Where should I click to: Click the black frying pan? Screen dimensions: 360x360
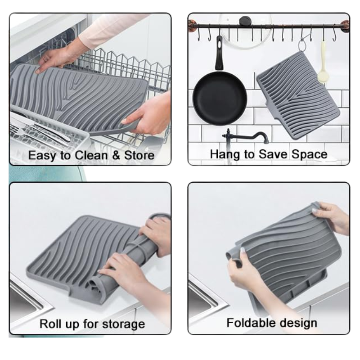[220, 99]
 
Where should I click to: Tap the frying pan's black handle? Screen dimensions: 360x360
[219, 53]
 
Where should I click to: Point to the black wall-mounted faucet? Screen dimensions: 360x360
[244, 137]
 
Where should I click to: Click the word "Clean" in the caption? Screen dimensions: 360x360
[91, 155]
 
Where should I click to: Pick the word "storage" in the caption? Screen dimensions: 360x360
[123, 324]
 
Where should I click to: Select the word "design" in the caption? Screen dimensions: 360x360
[297, 323]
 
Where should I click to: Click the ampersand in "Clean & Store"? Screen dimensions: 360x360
[116, 155]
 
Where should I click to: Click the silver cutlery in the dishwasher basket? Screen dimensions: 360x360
[44, 130]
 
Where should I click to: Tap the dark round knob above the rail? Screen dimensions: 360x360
[245, 21]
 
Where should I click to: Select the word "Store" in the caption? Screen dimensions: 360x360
[139, 155]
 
